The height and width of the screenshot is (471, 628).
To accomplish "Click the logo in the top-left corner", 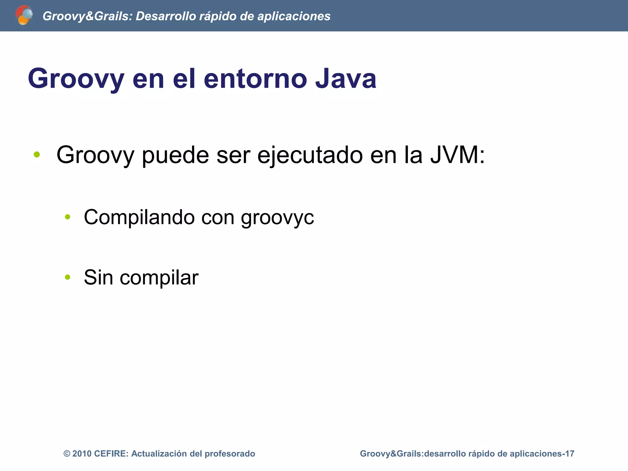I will [x=24, y=15].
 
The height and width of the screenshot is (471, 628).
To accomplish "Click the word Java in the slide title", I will [x=346, y=79].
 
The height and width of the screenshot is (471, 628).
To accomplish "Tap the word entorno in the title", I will [x=255, y=79].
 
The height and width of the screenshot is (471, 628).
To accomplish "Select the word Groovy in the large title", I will [x=76, y=79].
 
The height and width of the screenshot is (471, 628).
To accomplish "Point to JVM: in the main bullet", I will [x=457, y=155].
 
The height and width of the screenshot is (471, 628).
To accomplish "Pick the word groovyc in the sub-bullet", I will [x=277, y=217].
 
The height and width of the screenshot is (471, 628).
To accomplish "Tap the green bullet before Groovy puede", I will [x=37, y=155].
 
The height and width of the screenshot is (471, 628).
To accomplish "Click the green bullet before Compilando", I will [x=67, y=217].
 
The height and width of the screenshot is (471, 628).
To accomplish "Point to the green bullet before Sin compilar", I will [x=67, y=277].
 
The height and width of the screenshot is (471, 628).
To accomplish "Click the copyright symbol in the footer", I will [x=67, y=454].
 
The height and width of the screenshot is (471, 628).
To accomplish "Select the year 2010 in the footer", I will [x=82, y=454].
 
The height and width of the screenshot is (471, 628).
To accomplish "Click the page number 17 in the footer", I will [x=570, y=454].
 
